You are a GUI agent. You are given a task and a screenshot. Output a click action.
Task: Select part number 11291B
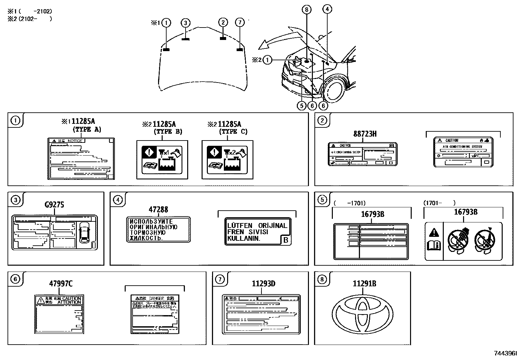point(364,284)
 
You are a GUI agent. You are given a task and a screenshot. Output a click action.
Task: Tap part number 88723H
point(365,134)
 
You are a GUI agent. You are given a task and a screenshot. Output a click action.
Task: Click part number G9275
point(54,205)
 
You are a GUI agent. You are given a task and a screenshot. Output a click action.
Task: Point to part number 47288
point(158,210)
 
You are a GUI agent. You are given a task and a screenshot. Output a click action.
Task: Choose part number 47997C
point(61,284)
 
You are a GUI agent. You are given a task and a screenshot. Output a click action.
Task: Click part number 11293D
point(263,284)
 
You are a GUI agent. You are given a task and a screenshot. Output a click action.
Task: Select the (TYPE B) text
point(168,132)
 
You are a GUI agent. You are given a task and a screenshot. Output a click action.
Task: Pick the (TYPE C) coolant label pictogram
point(227,160)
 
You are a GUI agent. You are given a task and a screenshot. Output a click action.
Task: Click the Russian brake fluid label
point(158,229)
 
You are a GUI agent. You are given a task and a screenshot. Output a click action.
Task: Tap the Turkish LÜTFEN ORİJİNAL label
point(258,232)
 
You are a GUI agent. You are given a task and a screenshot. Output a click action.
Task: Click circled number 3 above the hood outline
point(185,23)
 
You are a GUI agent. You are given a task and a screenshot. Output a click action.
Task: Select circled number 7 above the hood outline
point(240,23)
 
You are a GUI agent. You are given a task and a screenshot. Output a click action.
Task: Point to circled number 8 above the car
point(307,10)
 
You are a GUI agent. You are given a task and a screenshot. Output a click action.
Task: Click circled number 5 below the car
point(301,105)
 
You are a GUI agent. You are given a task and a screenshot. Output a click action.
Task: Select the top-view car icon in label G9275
point(84,233)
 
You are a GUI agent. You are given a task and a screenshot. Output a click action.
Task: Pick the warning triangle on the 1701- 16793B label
point(434,233)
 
